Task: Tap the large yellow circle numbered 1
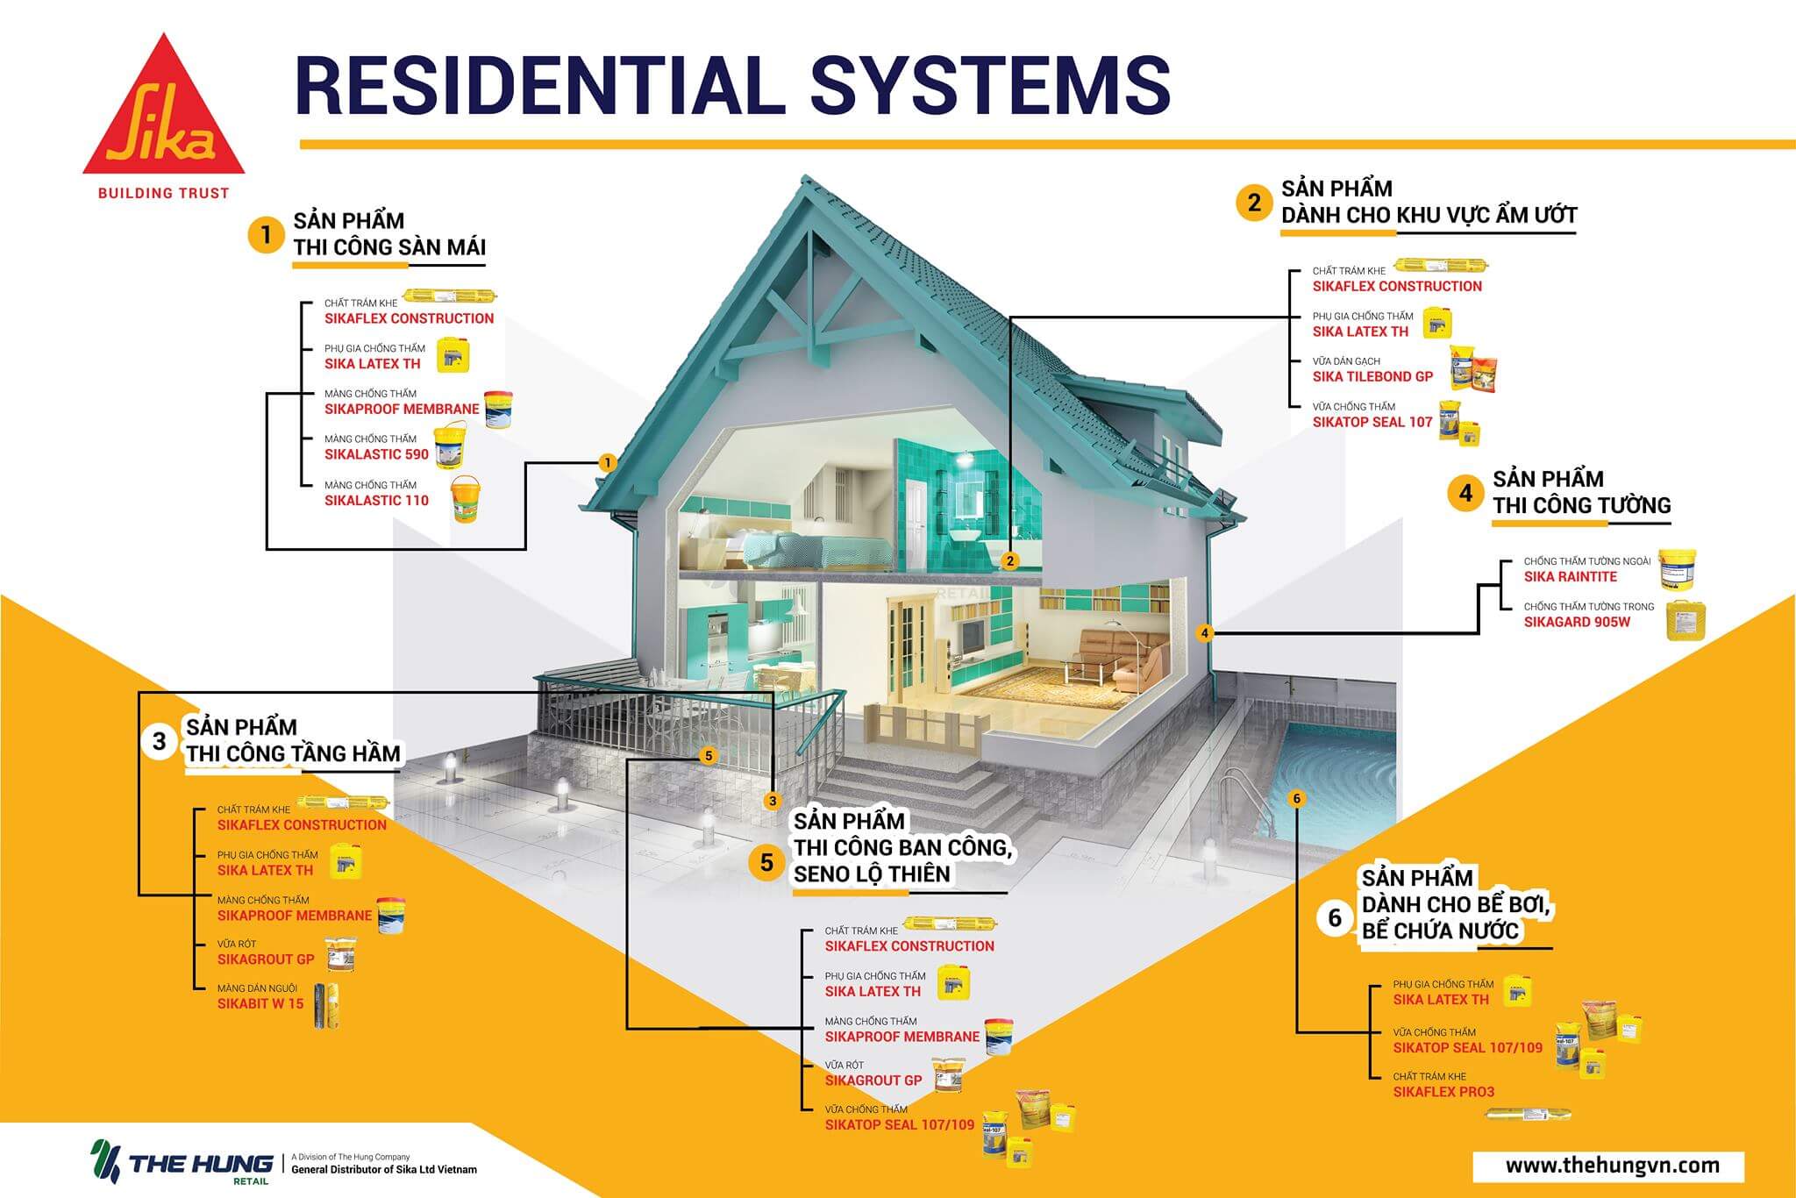[x=266, y=235]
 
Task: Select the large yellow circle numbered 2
[x=1253, y=203]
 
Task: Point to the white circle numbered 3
[x=159, y=741]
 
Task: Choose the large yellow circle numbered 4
[x=1465, y=493]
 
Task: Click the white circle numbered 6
[x=1335, y=917]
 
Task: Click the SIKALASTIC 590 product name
[x=376, y=454]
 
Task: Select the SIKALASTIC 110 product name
[x=376, y=500]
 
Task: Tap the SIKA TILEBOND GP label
[x=1372, y=376]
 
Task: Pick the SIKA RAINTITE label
[x=1570, y=576]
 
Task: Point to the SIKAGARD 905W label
[x=1577, y=622]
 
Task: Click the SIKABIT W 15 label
[x=260, y=1003]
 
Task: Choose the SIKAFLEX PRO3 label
[x=1443, y=1092]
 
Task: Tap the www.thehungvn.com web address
[x=1612, y=1166]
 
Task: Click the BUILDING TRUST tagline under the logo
[x=163, y=193]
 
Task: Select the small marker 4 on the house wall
[x=1205, y=632]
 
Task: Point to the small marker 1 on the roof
[x=607, y=462]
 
